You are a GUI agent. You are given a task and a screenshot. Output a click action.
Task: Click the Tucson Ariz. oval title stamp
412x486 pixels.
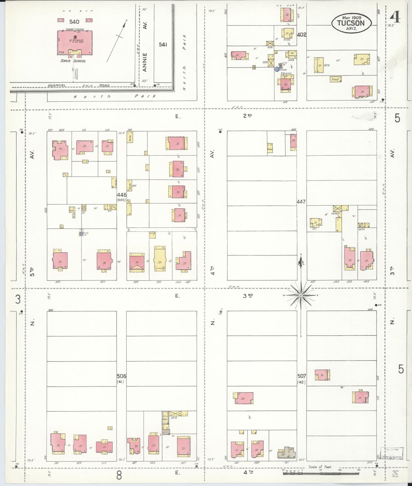coord(351,23)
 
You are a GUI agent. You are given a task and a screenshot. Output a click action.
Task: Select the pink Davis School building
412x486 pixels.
coord(75,42)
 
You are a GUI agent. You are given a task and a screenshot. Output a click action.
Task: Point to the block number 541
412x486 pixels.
coord(163,44)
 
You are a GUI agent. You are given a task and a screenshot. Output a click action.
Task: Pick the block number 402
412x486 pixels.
coord(301,35)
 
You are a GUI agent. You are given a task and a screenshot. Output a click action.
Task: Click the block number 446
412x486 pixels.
coord(121,195)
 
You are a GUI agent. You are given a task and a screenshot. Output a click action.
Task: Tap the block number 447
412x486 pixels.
coord(301,202)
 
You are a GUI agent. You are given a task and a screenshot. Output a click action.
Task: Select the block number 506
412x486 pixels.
coord(121,376)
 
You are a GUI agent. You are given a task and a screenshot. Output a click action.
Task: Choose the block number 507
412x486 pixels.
coord(301,376)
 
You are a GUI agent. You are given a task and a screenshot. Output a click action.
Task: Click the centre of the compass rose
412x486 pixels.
coord(301,295)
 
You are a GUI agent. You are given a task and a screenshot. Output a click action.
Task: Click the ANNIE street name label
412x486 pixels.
coord(145,62)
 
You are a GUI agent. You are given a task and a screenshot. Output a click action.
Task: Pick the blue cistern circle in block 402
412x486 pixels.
coord(277,69)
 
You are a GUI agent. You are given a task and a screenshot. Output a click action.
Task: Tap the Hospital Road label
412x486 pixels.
coord(78,85)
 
